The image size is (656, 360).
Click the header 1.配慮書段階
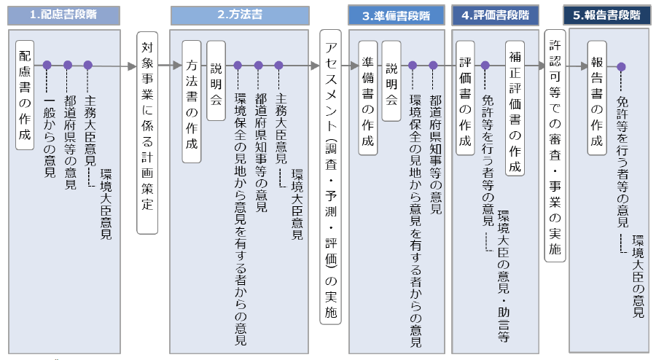(x=64, y=15)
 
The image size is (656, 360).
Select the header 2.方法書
(x=240, y=15)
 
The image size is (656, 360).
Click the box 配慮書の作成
(x=26, y=95)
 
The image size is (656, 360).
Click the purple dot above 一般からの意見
(x=47, y=65)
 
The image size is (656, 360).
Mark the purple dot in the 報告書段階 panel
(x=621, y=66)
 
